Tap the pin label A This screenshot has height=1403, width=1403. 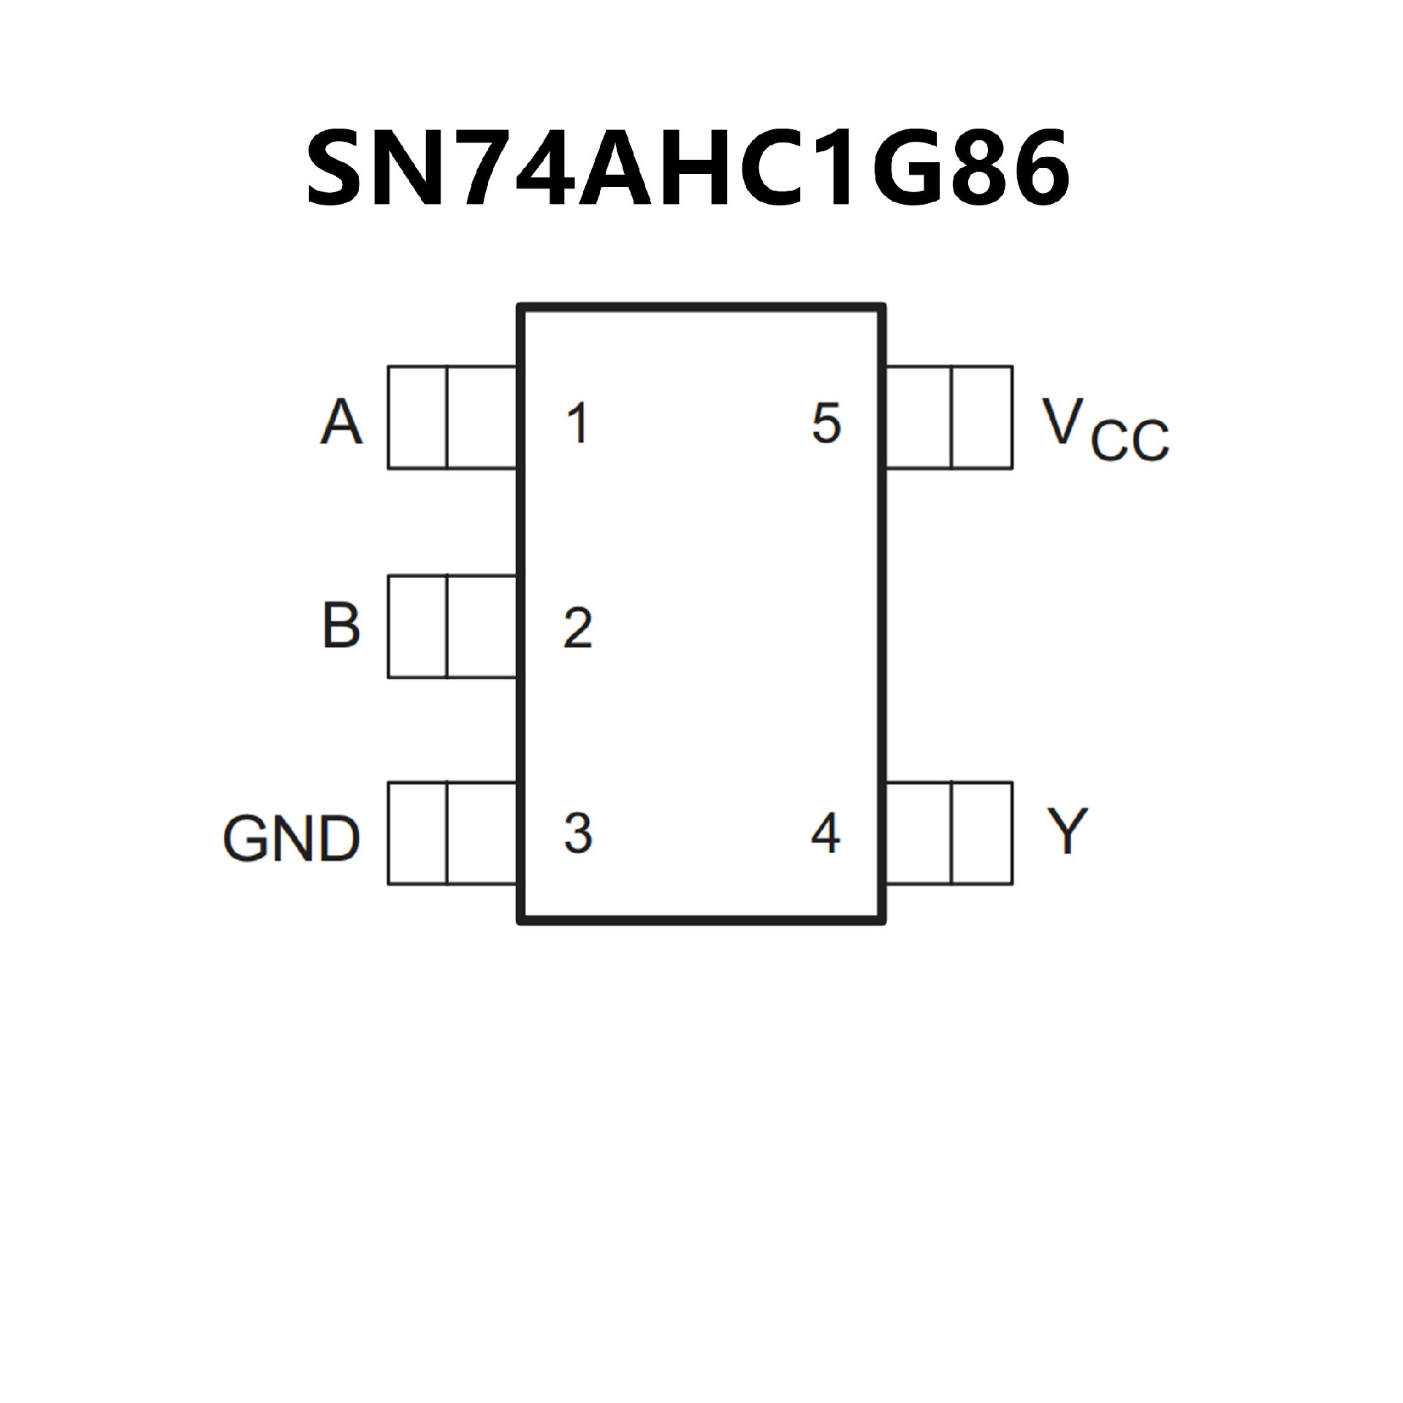(x=341, y=422)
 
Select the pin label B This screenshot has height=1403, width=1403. (x=341, y=626)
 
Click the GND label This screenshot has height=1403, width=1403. (x=292, y=838)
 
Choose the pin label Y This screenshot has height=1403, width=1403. (x=1067, y=831)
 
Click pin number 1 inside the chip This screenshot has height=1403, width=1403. (x=577, y=423)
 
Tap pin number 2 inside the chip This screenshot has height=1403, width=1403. (x=577, y=628)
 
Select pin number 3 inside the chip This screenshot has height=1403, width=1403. (x=577, y=833)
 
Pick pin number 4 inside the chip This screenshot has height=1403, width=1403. (x=826, y=833)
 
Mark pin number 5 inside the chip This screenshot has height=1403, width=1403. (x=826, y=423)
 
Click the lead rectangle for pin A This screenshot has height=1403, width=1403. (x=452, y=417)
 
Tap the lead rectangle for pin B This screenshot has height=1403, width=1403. (x=452, y=626)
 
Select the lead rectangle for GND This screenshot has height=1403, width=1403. (x=452, y=833)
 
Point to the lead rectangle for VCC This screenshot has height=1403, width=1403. (x=949, y=417)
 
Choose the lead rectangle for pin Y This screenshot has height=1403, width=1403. (x=949, y=833)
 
